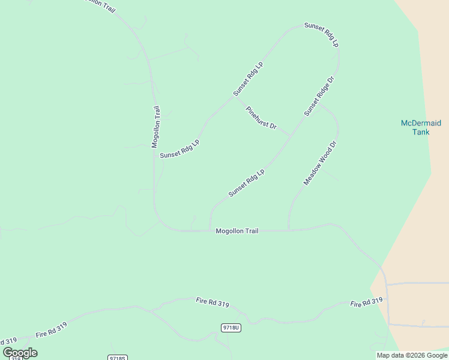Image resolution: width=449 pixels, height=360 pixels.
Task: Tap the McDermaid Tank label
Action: click(x=421, y=128)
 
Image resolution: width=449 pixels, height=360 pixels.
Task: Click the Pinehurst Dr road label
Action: click(x=261, y=118)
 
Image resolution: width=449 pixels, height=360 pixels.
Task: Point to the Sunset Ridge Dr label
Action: click(x=318, y=96)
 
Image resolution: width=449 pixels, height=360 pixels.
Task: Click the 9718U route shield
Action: click(x=231, y=327)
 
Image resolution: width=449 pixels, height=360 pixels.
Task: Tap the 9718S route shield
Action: click(x=118, y=358)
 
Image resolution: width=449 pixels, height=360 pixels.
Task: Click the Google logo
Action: click(x=20, y=353)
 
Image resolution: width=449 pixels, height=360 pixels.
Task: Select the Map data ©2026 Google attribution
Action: click(x=412, y=355)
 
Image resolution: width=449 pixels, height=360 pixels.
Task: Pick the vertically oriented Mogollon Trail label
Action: click(x=155, y=127)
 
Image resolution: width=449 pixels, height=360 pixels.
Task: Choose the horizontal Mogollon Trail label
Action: click(x=237, y=230)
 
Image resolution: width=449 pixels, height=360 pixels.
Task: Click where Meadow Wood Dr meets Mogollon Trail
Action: click(x=289, y=230)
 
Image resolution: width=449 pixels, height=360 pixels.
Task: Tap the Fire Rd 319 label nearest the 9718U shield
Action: click(x=212, y=302)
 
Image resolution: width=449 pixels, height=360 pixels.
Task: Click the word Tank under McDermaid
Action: click(x=421, y=132)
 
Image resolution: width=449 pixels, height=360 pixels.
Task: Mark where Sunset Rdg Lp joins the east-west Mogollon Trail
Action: click(x=209, y=230)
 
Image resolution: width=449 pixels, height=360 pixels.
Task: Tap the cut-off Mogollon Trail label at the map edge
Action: click(x=98, y=4)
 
